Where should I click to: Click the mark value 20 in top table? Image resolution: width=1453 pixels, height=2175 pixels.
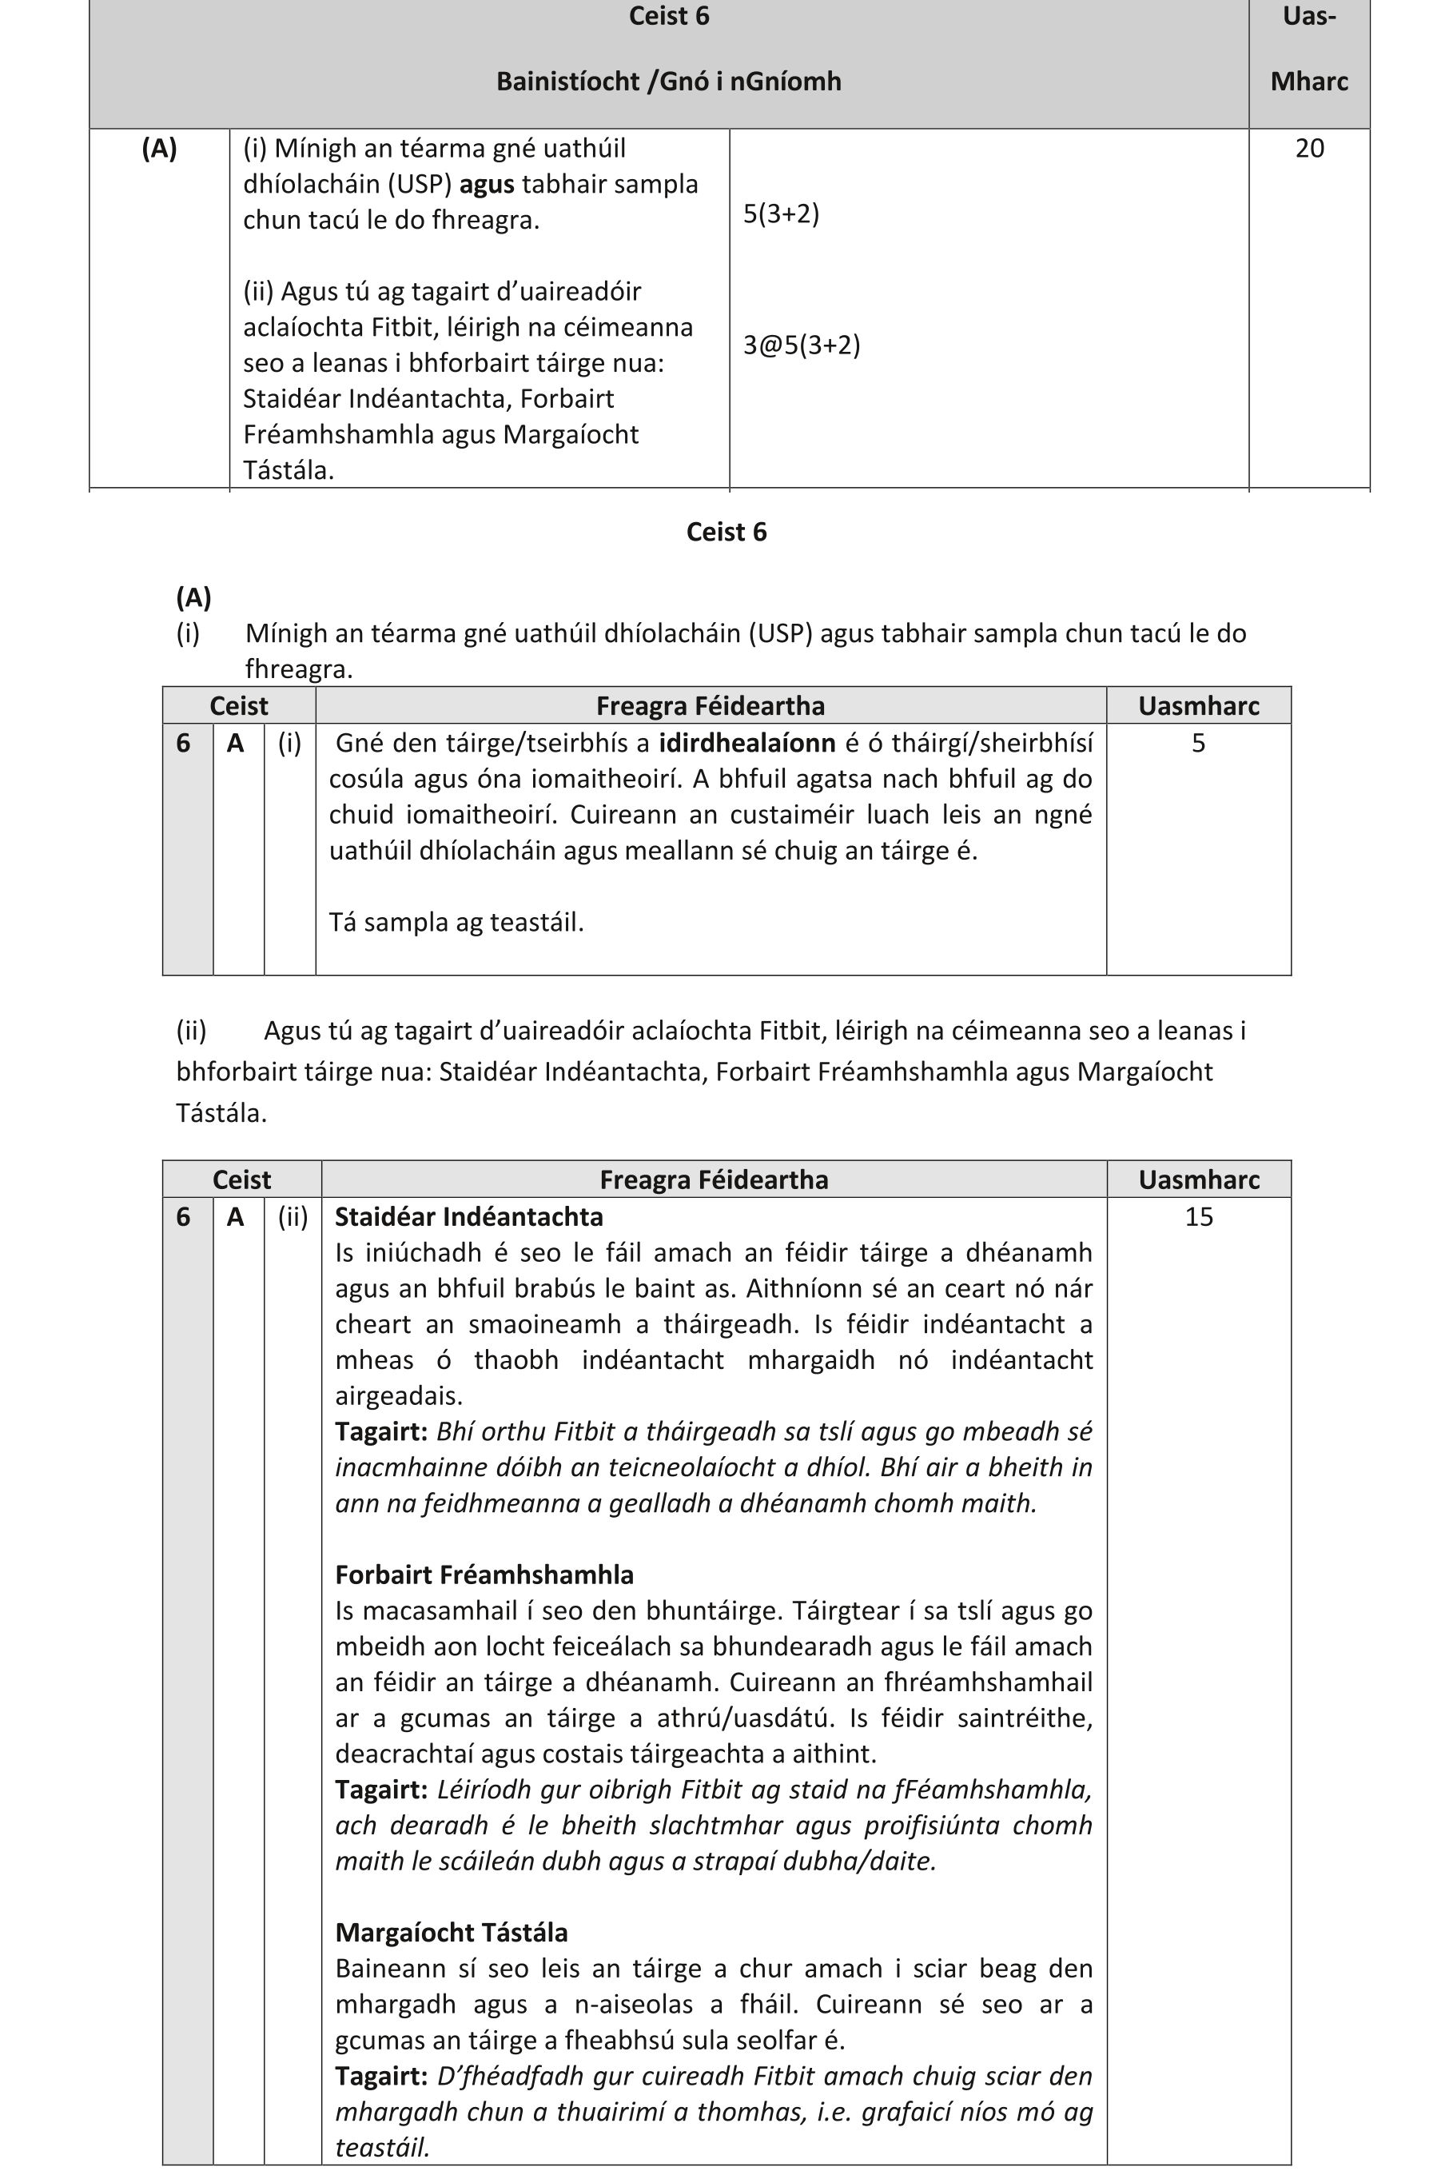(1308, 149)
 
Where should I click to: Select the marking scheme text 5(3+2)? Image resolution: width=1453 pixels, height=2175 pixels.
(780, 214)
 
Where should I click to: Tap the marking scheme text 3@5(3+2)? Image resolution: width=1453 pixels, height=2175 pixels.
(801, 345)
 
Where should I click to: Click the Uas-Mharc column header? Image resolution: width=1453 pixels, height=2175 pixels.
(1308, 48)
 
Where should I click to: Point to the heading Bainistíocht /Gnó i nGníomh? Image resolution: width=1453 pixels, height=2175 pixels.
(668, 82)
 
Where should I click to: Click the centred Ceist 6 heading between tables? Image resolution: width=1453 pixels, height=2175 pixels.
(726, 533)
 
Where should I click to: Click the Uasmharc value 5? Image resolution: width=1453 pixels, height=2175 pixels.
(1198, 743)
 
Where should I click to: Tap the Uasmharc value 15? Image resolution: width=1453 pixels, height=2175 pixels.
(1198, 1216)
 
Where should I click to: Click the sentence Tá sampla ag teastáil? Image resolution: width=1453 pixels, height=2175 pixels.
(456, 923)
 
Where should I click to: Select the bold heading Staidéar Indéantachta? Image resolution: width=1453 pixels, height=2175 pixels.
(468, 1216)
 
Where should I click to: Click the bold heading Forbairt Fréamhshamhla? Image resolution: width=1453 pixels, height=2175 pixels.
(484, 1574)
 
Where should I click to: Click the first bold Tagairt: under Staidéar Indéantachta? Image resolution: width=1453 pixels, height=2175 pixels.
(380, 1431)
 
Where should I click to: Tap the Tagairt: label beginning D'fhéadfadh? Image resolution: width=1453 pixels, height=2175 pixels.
(380, 2076)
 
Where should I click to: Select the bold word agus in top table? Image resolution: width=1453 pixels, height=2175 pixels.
(487, 185)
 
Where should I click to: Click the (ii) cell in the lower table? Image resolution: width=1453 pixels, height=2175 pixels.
(292, 1216)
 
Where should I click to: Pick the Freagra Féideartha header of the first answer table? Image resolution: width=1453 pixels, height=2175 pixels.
(710, 706)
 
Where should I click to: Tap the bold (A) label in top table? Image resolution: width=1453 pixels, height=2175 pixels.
(158, 149)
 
